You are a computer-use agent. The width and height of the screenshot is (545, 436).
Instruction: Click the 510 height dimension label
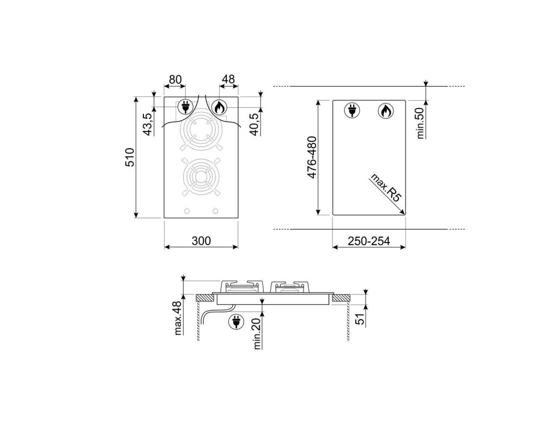click(129, 158)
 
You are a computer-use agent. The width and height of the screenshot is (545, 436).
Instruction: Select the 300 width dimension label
click(201, 240)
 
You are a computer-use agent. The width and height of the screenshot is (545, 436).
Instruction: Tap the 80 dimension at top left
click(175, 80)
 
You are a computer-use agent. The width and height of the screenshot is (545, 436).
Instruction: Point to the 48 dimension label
click(228, 80)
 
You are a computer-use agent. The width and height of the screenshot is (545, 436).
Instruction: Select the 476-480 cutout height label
click(312, 158)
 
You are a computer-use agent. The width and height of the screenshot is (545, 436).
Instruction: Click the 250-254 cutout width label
click(369, 240)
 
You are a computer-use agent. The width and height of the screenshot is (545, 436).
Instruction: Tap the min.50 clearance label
click(421, 123)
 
